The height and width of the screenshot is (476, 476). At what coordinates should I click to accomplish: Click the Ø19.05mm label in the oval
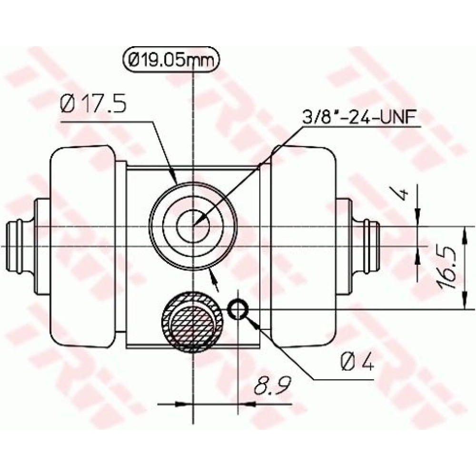click(x=171, y=61)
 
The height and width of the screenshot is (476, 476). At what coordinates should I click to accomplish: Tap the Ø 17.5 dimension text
click(x=93, y=103)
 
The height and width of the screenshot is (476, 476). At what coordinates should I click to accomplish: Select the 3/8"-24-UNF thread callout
click(x=358, y=117)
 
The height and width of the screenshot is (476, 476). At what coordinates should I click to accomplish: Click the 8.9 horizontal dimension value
click(x=272, y=386)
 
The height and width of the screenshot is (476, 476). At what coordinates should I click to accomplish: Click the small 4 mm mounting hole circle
click(x=239, y=309)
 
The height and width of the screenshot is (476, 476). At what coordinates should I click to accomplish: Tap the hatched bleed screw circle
click(x=192, y=322)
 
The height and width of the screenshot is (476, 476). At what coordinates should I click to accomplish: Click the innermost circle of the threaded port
click(x=193, y=226)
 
